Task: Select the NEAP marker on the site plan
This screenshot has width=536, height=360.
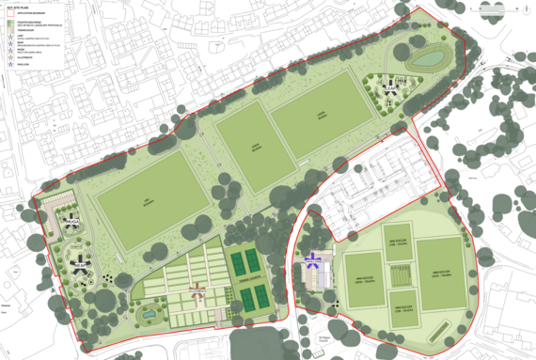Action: click(x=82, y=266)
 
